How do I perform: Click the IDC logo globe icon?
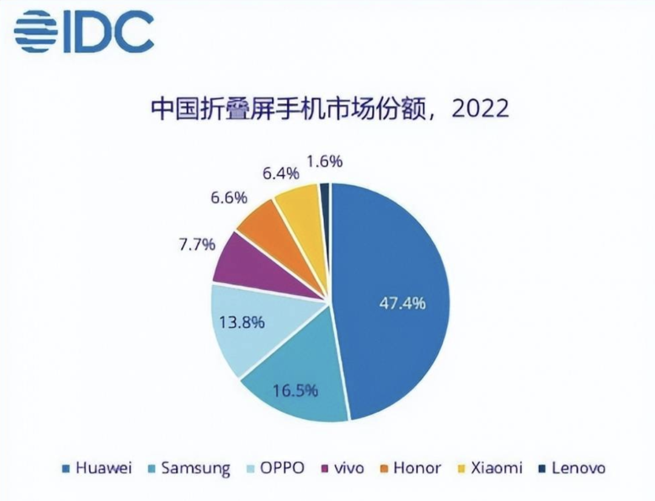pos(36,31)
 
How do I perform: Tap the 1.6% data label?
pos(325,162)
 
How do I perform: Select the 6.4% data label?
pos(281,173)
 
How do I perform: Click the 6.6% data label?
pos(229,197)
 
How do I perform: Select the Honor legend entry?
pos(411,468)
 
